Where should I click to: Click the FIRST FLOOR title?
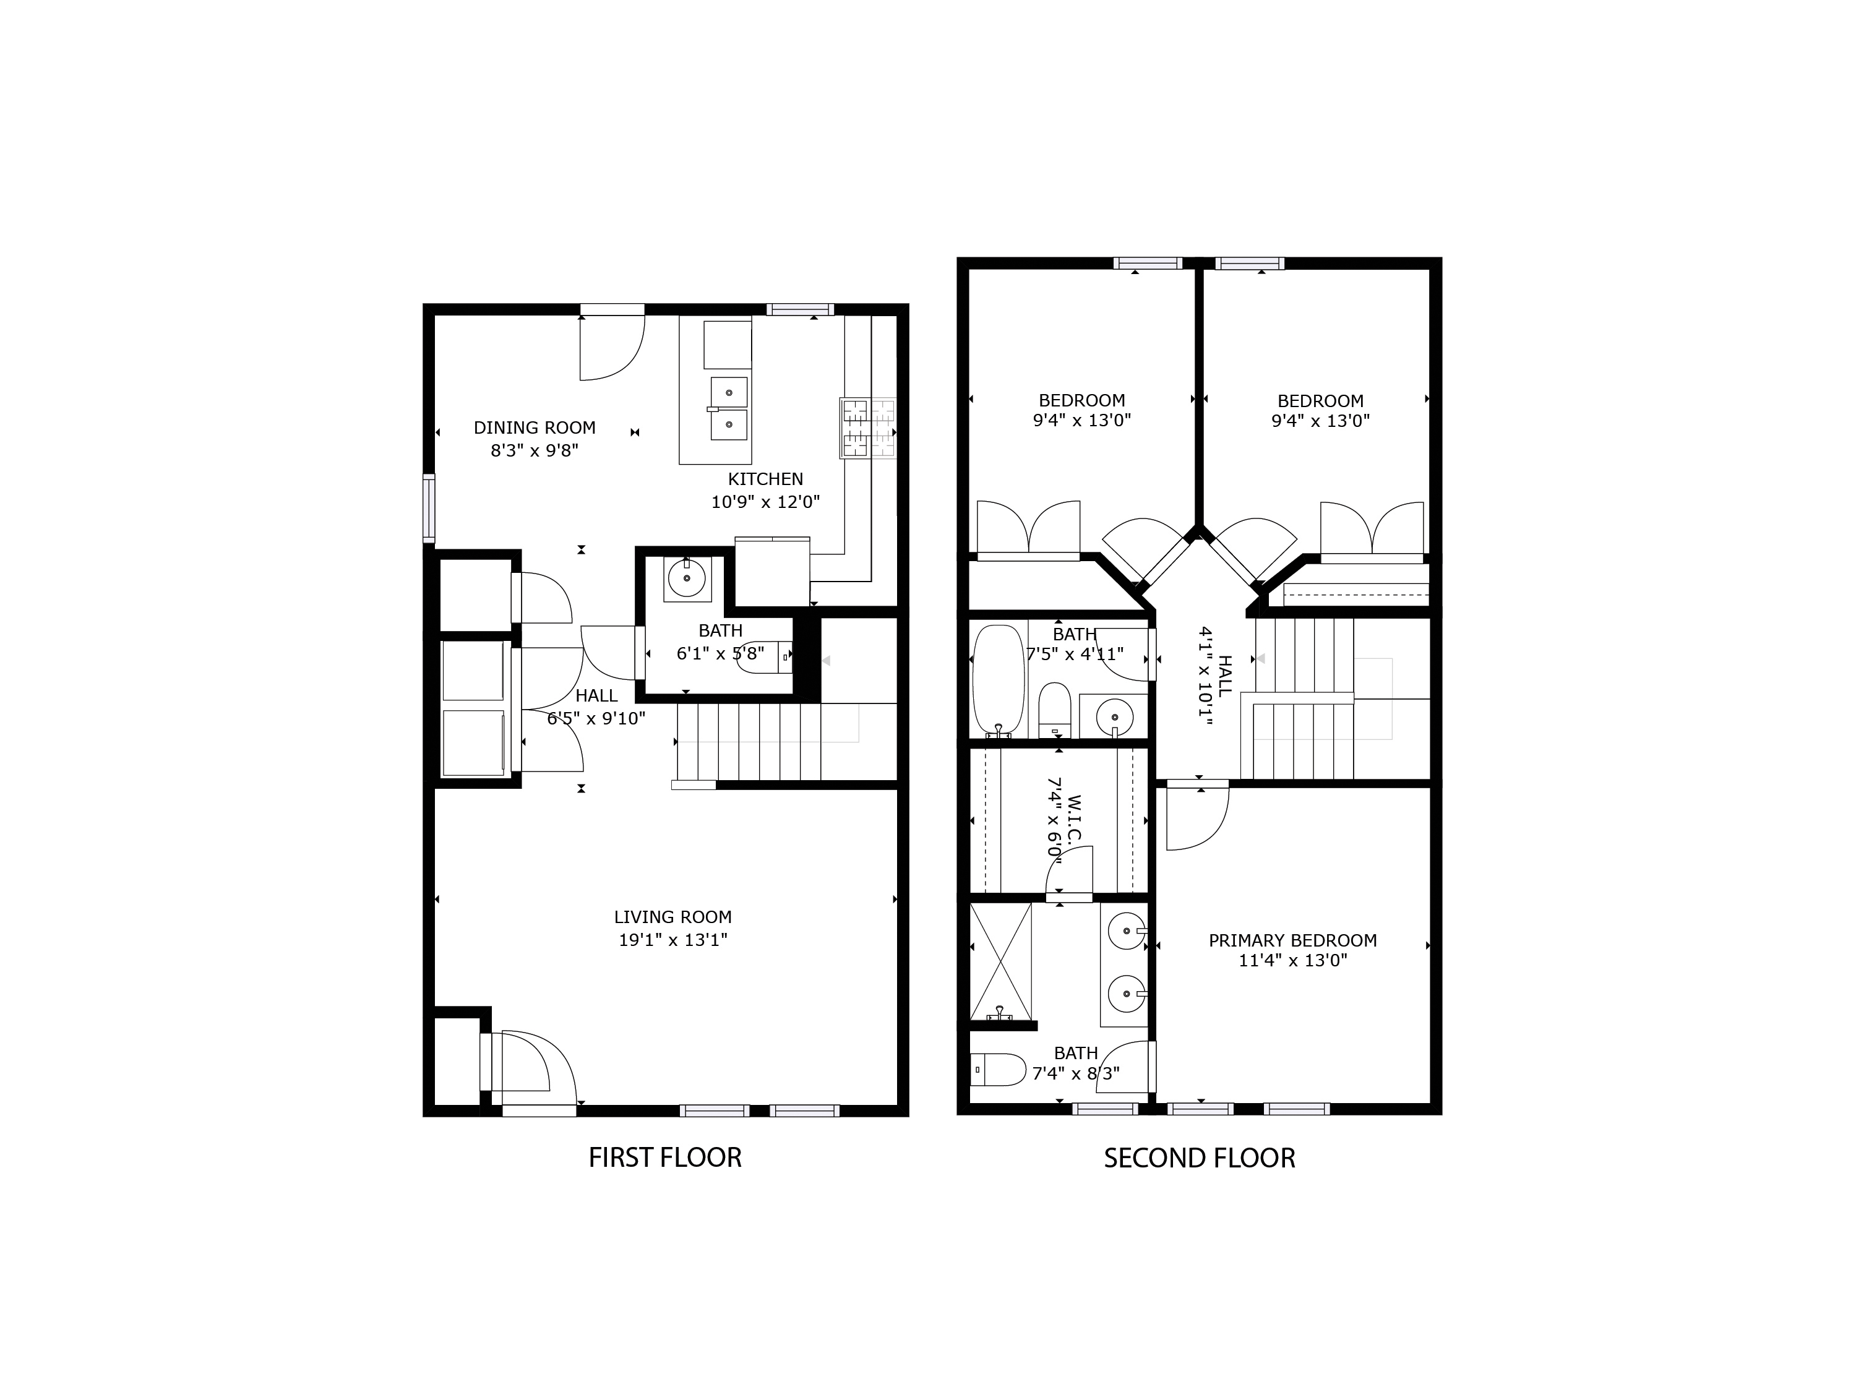pyautogui.click(x=664, y=1158)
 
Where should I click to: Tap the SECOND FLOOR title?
pyautogui.click(x=1199, y=1159)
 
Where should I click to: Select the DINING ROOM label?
pyautogui.click(x=535, y=428)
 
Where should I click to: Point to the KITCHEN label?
pyautogui.click(x=765, y=479)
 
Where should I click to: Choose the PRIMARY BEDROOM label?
pyautogui.click(x=1292, y=940)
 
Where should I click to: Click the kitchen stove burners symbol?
pyautogui.click(x=867, y=428)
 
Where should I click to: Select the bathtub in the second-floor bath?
pyautogui.click(x=999, y=681)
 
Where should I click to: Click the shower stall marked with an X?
pyautogui.click(x=1000, y=960)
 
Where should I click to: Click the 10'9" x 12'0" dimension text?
pyautogui.click(x=765, y=502)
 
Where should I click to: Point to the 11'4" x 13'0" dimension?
pyautogui.click(x=1292, y=961)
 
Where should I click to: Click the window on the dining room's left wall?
pyautogui.click(x=429, y=508)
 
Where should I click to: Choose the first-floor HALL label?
pyautogui.click(x=596, y=695)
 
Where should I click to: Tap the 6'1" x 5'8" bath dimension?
pyautogui.click(x=720, y=653)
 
